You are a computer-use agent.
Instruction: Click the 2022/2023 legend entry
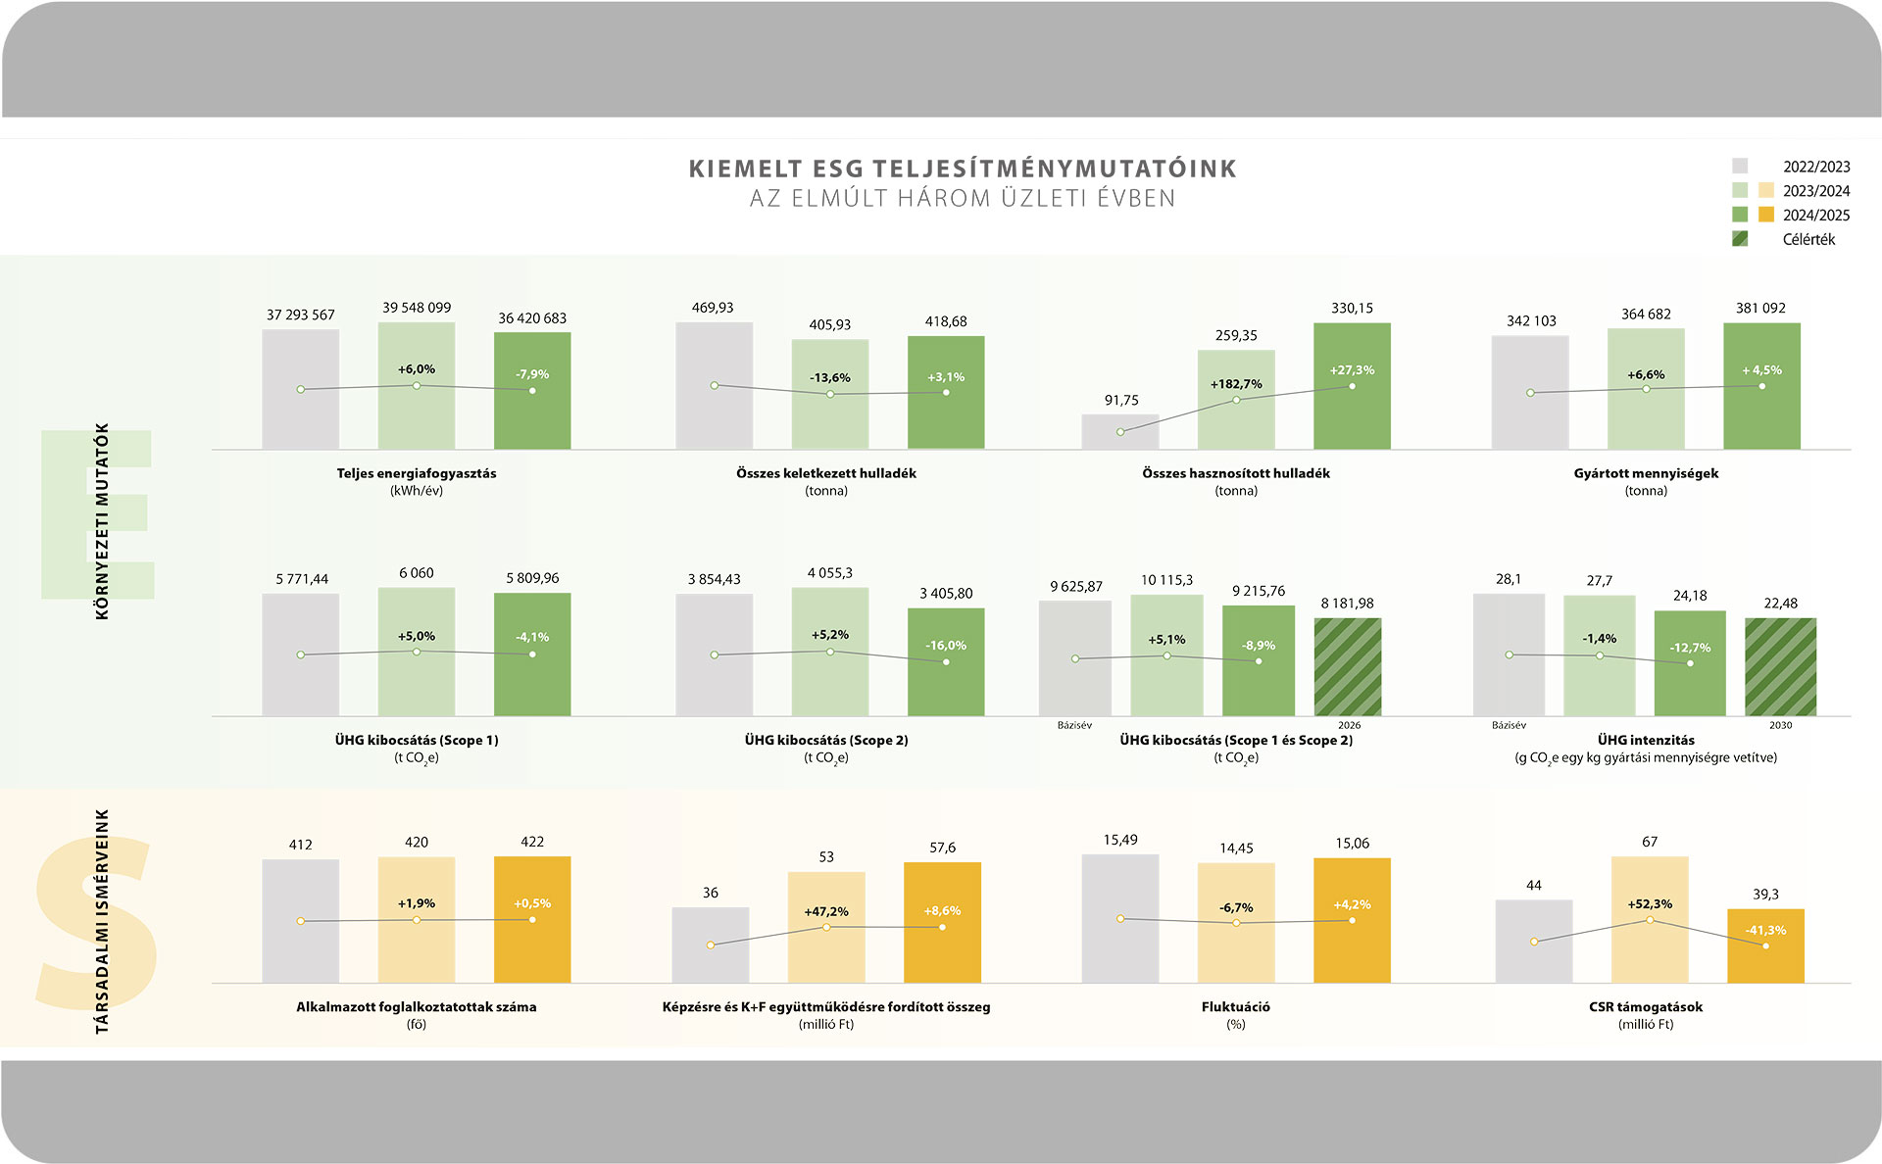[x=1815, y=167]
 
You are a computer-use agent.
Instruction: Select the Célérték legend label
[x=1808, y=239]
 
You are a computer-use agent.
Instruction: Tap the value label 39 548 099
[x=417, y=308]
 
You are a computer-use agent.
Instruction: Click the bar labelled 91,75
[x=1120, y=432]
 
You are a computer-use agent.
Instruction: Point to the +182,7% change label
[x=1236, y=384]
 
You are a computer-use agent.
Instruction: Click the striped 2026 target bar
[x=1348, y=667]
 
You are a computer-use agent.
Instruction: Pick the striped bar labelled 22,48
[x=1780, y=667]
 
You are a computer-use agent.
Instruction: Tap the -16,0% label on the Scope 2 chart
[x=946, y=646]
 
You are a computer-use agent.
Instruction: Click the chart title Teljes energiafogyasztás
[x=417, y=473]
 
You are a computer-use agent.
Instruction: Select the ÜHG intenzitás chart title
[x=1646, y=740]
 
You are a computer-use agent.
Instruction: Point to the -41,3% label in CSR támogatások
[x=1765, y=930]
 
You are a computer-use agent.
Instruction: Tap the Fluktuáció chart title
[x=1235, y=1006]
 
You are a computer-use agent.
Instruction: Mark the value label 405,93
[x=829, y=324]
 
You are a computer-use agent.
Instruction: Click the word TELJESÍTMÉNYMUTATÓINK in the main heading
[x=1055, y=169]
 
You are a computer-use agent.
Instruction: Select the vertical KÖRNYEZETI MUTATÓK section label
[x=102, y=520]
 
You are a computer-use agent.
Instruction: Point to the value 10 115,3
[x=1166, y=580]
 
